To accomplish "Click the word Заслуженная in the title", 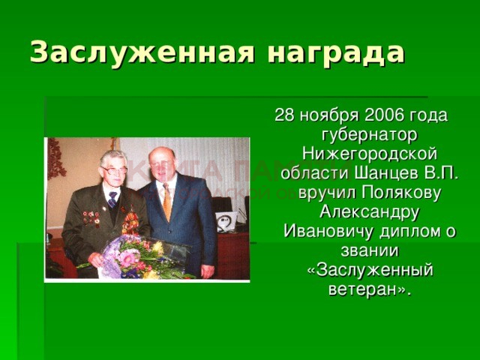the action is pos(142,52).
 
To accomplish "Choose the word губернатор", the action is pos(370,136).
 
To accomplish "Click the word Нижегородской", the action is pos(370,154).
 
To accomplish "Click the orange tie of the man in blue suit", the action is pos(167,201).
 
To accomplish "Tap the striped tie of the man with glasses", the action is pos(112,199).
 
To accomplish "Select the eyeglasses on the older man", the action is pos(115,170).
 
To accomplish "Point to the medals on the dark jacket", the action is pos(91,217).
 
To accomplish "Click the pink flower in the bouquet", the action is pos(127,259).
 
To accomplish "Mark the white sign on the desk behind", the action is pos(226,221).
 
